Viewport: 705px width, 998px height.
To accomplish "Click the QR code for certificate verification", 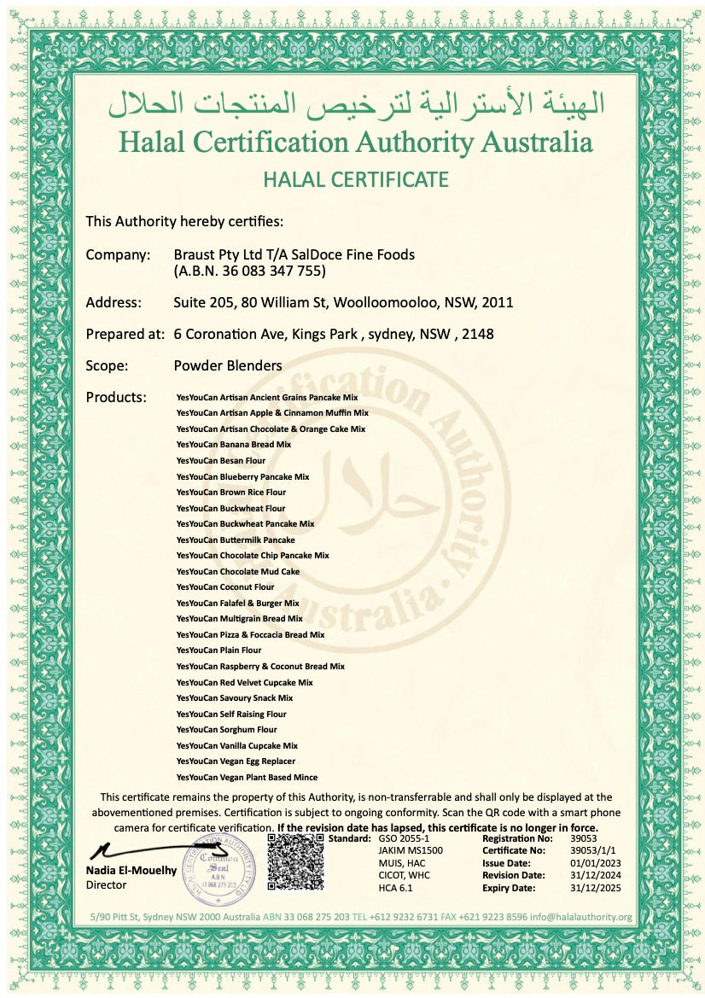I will click(x=297, y=863).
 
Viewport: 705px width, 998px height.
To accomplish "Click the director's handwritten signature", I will click(x=145, y=850).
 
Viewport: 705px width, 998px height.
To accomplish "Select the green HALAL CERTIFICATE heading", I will click(x=355, y=179).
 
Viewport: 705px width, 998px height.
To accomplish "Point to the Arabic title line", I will click(x=355, y=104).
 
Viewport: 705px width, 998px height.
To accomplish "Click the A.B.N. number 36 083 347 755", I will click(x=271, y=271).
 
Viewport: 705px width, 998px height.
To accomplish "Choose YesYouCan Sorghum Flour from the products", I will click(x=227, y=730).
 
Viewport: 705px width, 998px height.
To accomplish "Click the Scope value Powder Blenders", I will click(x=227, y=365).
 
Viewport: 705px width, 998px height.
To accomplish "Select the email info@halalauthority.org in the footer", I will click(x=581, y=917).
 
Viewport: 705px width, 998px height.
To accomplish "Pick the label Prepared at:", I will click(x=125, y=335).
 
